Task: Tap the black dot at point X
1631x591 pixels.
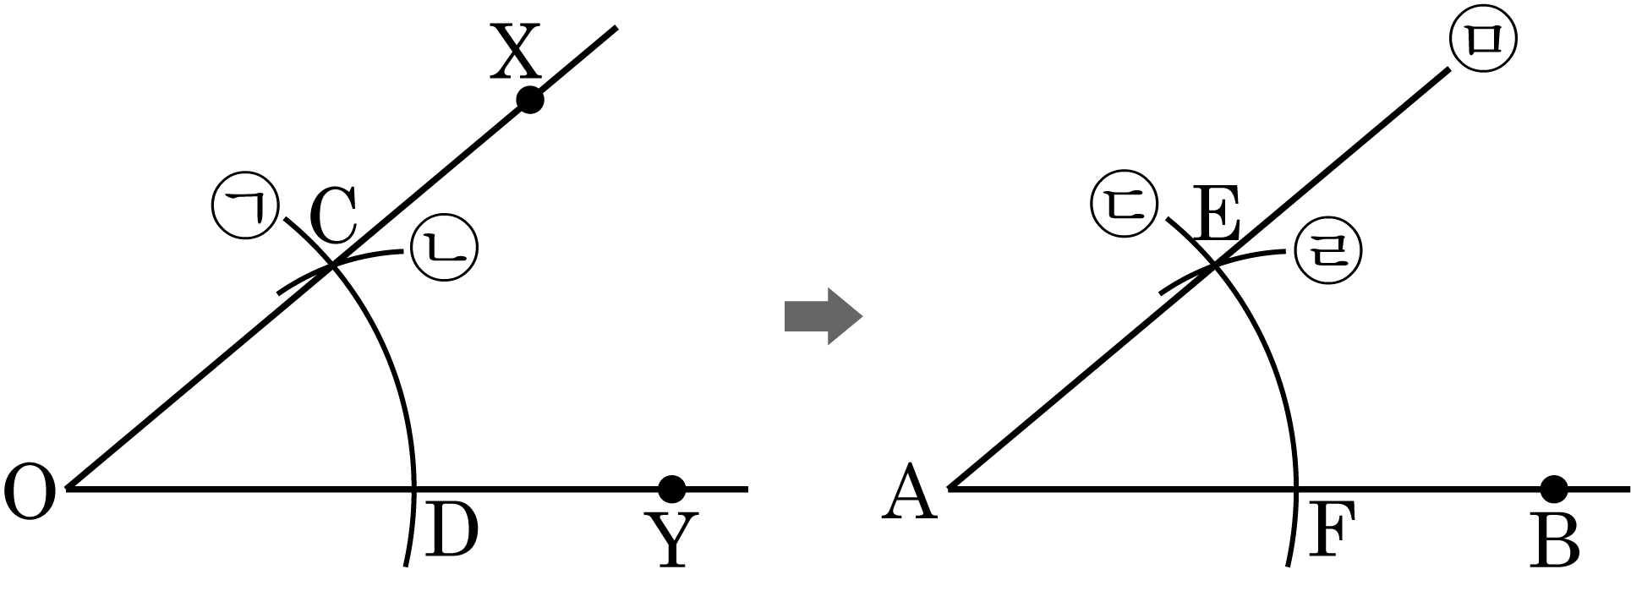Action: tap(529, 100)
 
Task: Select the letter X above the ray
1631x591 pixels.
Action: tap(516, 52)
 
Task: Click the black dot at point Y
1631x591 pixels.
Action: tap(672, 489)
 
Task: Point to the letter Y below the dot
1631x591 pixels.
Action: tap(672, 539)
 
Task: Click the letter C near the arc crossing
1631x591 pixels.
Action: tap(332, 216)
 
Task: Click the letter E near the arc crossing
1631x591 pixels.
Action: tap(1218, 216)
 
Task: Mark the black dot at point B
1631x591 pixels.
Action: tap(1554, 489)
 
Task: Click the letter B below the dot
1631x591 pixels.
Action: tap(1556, 539)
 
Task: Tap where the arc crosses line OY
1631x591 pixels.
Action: tap(414, 489)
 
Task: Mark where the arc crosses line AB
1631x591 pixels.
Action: tap(1295, 489)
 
